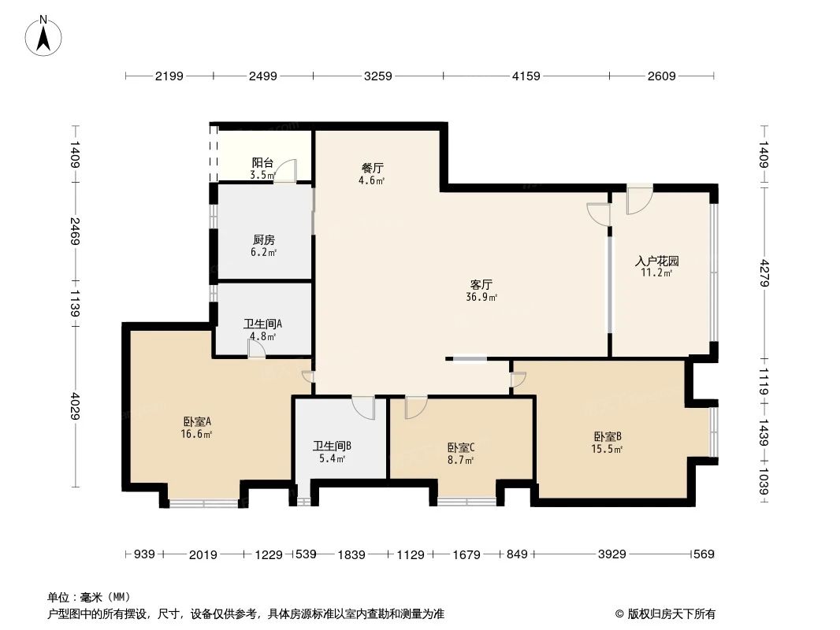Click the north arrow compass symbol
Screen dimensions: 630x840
45,35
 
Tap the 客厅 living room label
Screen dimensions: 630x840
482,284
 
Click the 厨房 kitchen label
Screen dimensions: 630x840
264,239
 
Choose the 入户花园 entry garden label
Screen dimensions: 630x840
657,261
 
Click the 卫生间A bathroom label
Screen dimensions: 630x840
262,323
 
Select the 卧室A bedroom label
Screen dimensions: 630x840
197,421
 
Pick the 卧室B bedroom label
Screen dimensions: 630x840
608,436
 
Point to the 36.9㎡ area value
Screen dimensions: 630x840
482,298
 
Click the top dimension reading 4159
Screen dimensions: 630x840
526,76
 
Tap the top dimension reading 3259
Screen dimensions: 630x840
377,76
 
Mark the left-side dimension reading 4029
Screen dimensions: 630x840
75,406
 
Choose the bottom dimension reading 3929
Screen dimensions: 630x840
611,554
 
